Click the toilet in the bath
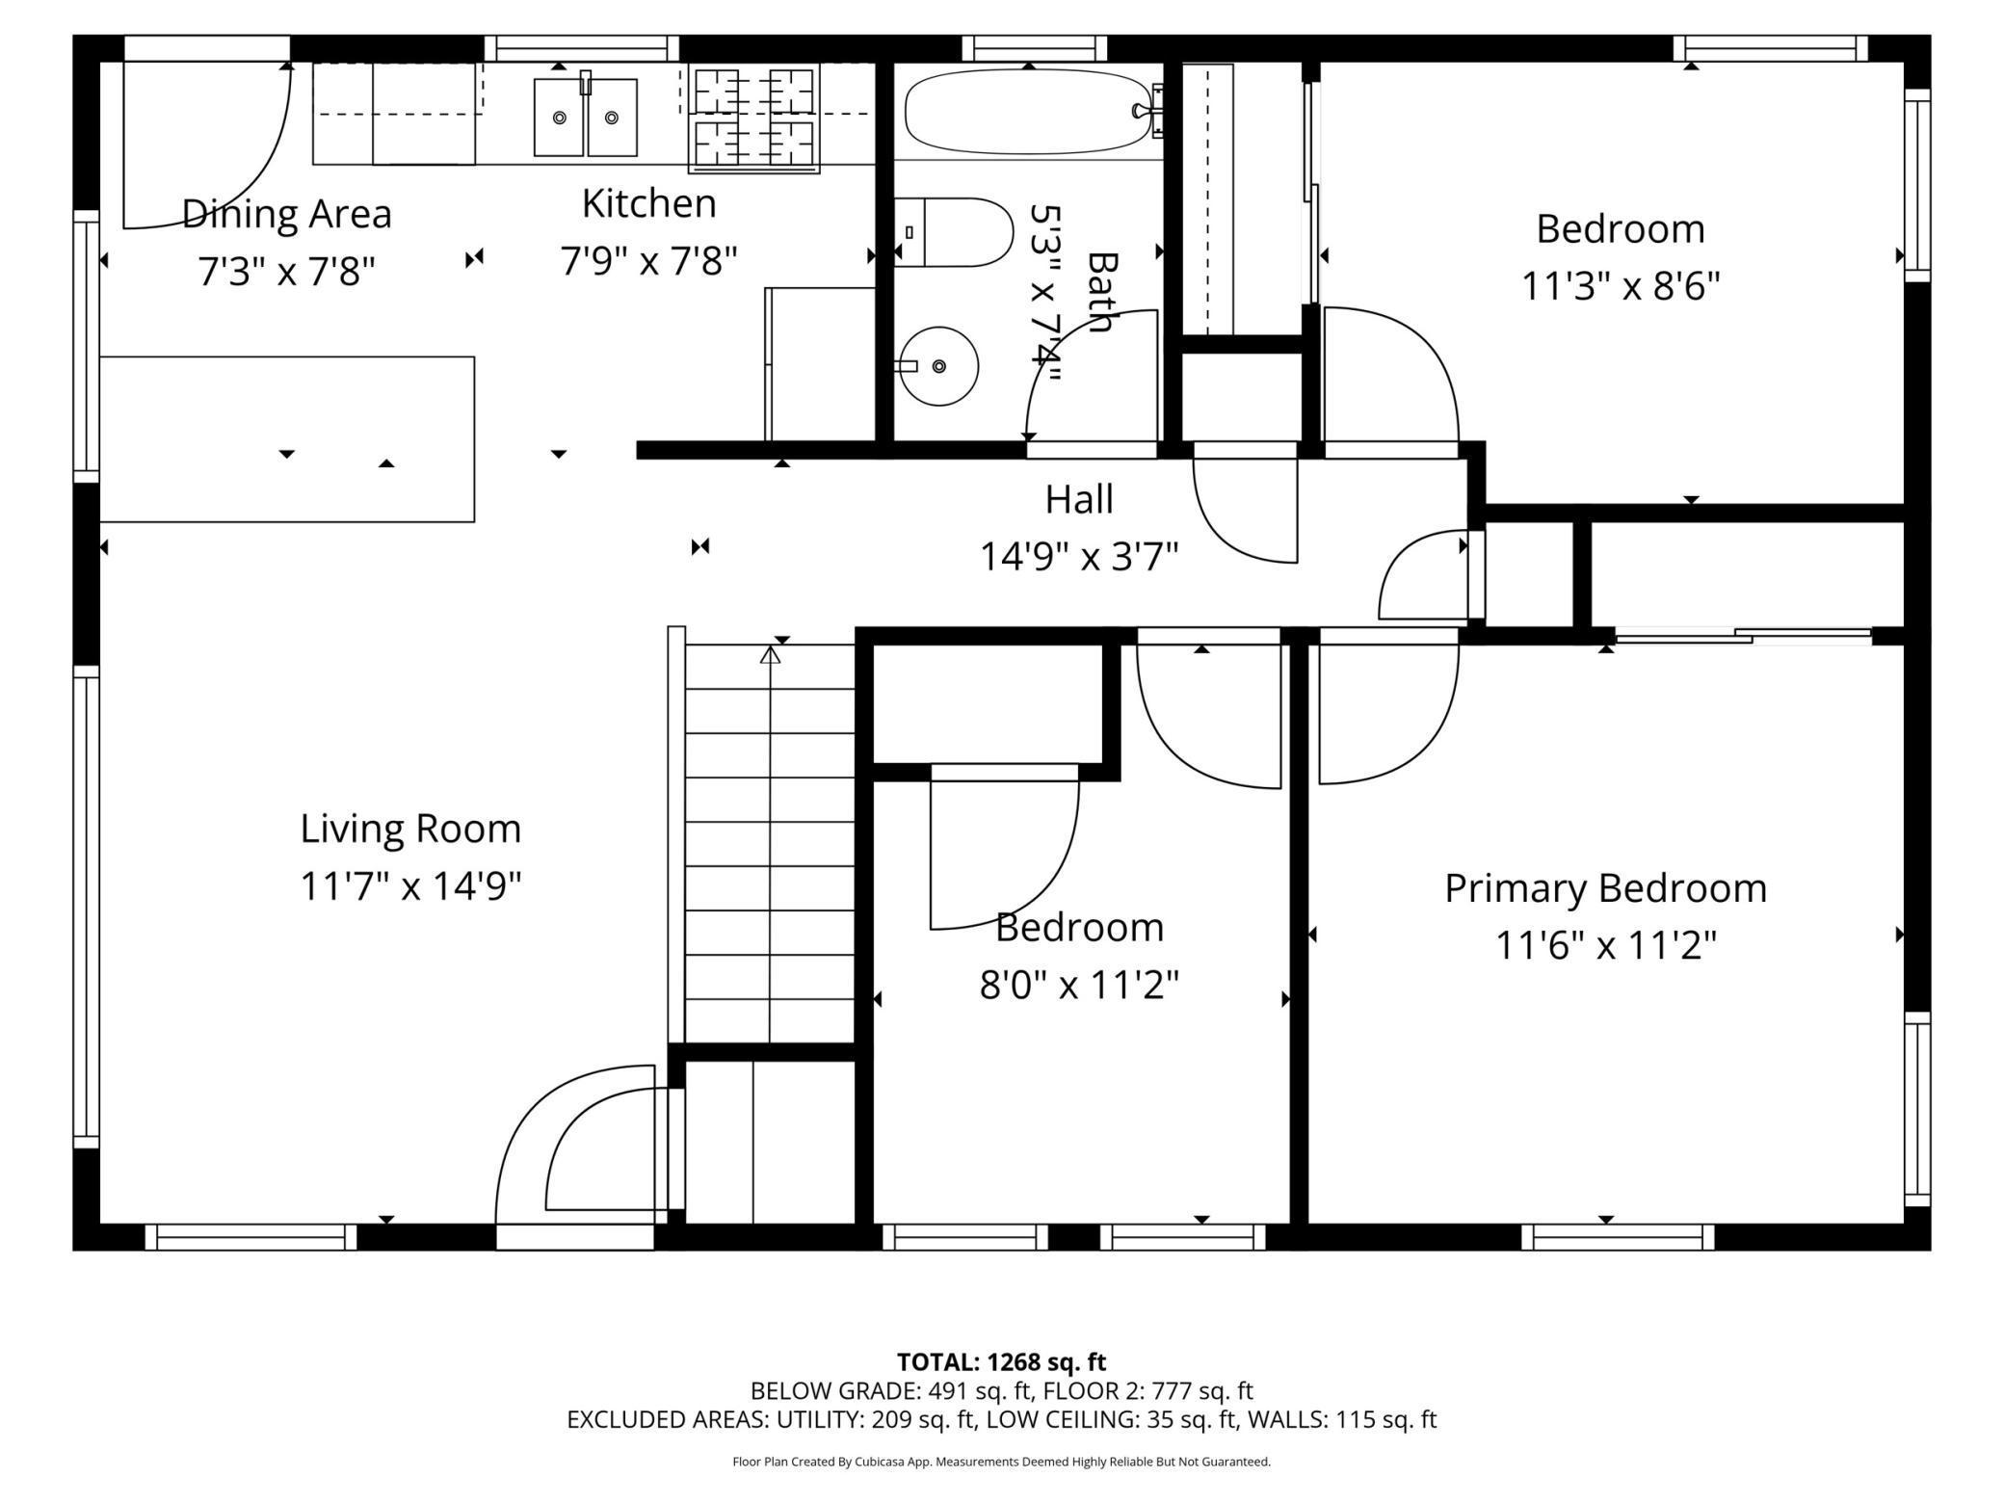[x=954, y=232]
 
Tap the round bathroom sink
[x=938, y=366]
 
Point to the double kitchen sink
[x=586, y=117]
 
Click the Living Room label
[x=410, y=829]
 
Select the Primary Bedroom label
[x=1605, y=888]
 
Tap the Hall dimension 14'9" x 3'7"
[x=1079, y=557]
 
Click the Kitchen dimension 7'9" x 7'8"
[x=649, y=260]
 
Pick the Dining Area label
[x=287, y=214]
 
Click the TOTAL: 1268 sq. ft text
[x=1001, y=1362]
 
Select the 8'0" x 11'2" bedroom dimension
[x=1079, y=986]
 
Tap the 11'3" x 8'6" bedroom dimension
[x=1621, y=286]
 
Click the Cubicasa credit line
[x=1001, y=1462]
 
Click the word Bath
[x=1100, y=291]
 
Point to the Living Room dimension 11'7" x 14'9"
[x=410, y=885]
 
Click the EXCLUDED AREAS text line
[x=1001, y=1419]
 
